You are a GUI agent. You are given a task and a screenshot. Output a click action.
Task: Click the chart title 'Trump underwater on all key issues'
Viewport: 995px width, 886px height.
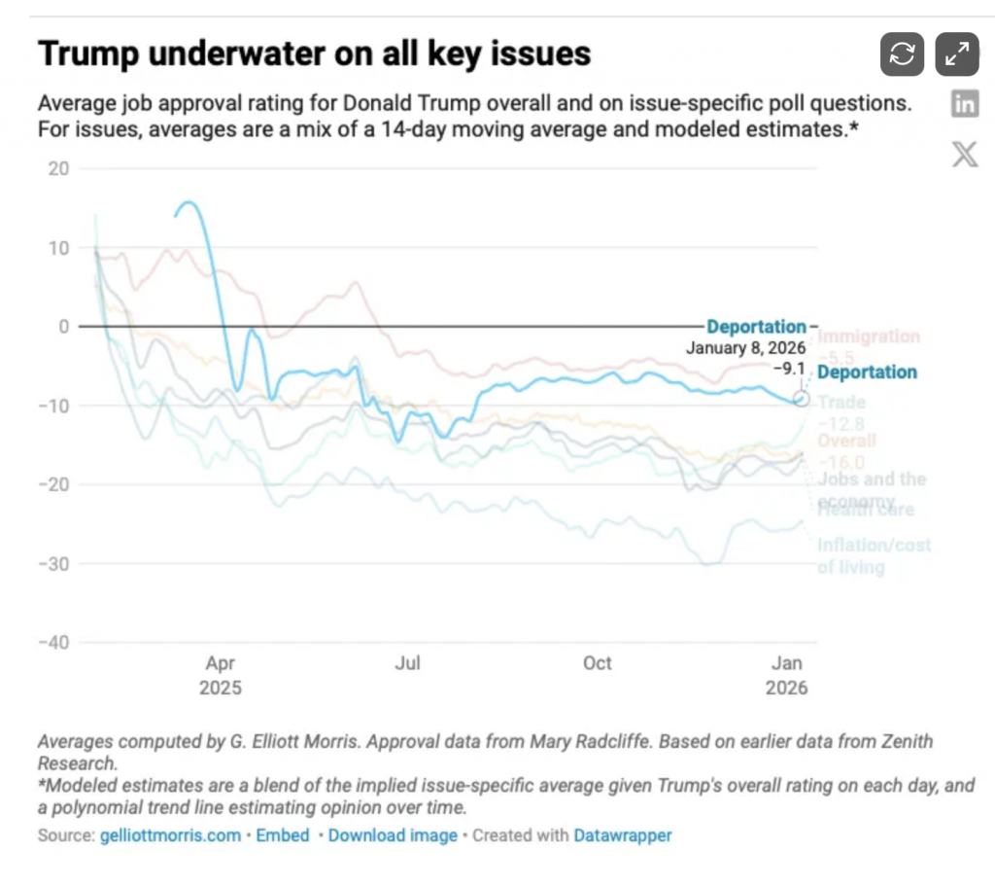pos(314,54)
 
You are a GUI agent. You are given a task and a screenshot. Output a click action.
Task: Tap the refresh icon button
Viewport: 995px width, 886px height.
pos(902,54)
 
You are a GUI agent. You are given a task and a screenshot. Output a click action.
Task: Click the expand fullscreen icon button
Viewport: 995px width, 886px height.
pos(957,54)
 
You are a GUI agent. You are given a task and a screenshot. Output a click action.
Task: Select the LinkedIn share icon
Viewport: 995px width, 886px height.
pos(965,104)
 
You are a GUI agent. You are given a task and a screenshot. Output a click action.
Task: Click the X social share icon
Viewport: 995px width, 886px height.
pos(965,154)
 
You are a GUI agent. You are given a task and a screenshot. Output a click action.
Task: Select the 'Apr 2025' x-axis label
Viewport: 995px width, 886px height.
pos(220,676)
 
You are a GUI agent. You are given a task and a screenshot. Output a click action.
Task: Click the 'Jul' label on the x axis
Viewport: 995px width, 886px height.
pos(407,664)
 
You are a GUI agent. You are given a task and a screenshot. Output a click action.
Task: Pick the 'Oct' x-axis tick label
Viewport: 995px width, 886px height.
pos(597,664)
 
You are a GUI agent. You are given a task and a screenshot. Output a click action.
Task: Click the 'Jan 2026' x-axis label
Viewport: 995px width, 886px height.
pos(786,676)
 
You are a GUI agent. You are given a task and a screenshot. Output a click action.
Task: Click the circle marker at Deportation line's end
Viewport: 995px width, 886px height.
pos(802,399)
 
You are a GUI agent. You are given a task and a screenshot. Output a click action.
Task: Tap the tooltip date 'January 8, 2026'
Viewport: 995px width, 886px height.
pos(746,347)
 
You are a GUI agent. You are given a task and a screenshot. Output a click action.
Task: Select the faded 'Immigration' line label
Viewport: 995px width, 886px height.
pos(868,337)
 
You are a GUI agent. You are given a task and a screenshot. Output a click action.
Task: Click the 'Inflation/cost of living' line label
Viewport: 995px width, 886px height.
pos(873,555)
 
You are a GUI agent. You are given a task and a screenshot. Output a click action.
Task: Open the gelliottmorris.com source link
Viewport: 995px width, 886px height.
pos(170,835)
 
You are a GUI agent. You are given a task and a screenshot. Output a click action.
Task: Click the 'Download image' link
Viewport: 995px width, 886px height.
pos(393,835)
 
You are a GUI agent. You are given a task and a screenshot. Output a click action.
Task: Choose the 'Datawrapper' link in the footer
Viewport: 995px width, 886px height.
pos(622,835)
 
